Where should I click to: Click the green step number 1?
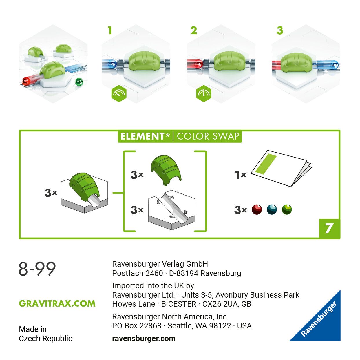pos(110,30)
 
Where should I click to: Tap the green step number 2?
pos(194,30)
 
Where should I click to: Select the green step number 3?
pos(279,30)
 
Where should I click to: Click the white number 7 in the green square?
pos(329,229)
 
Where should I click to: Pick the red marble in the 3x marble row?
pos(257,209)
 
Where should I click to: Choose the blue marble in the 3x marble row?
pos(272,209)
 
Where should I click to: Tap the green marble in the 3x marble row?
pos(287,209)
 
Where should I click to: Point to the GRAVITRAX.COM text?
pos(57,304)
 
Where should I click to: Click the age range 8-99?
pos(37,269)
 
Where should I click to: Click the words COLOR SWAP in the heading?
pos(208,136)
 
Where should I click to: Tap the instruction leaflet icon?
pos(280,168)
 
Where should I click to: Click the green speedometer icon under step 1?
pos(119,93)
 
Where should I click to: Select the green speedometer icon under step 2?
pos(204,93)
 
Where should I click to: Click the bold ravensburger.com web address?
pos(144,339)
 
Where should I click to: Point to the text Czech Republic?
pos(45,339)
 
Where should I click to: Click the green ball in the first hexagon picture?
pos(79,82)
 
